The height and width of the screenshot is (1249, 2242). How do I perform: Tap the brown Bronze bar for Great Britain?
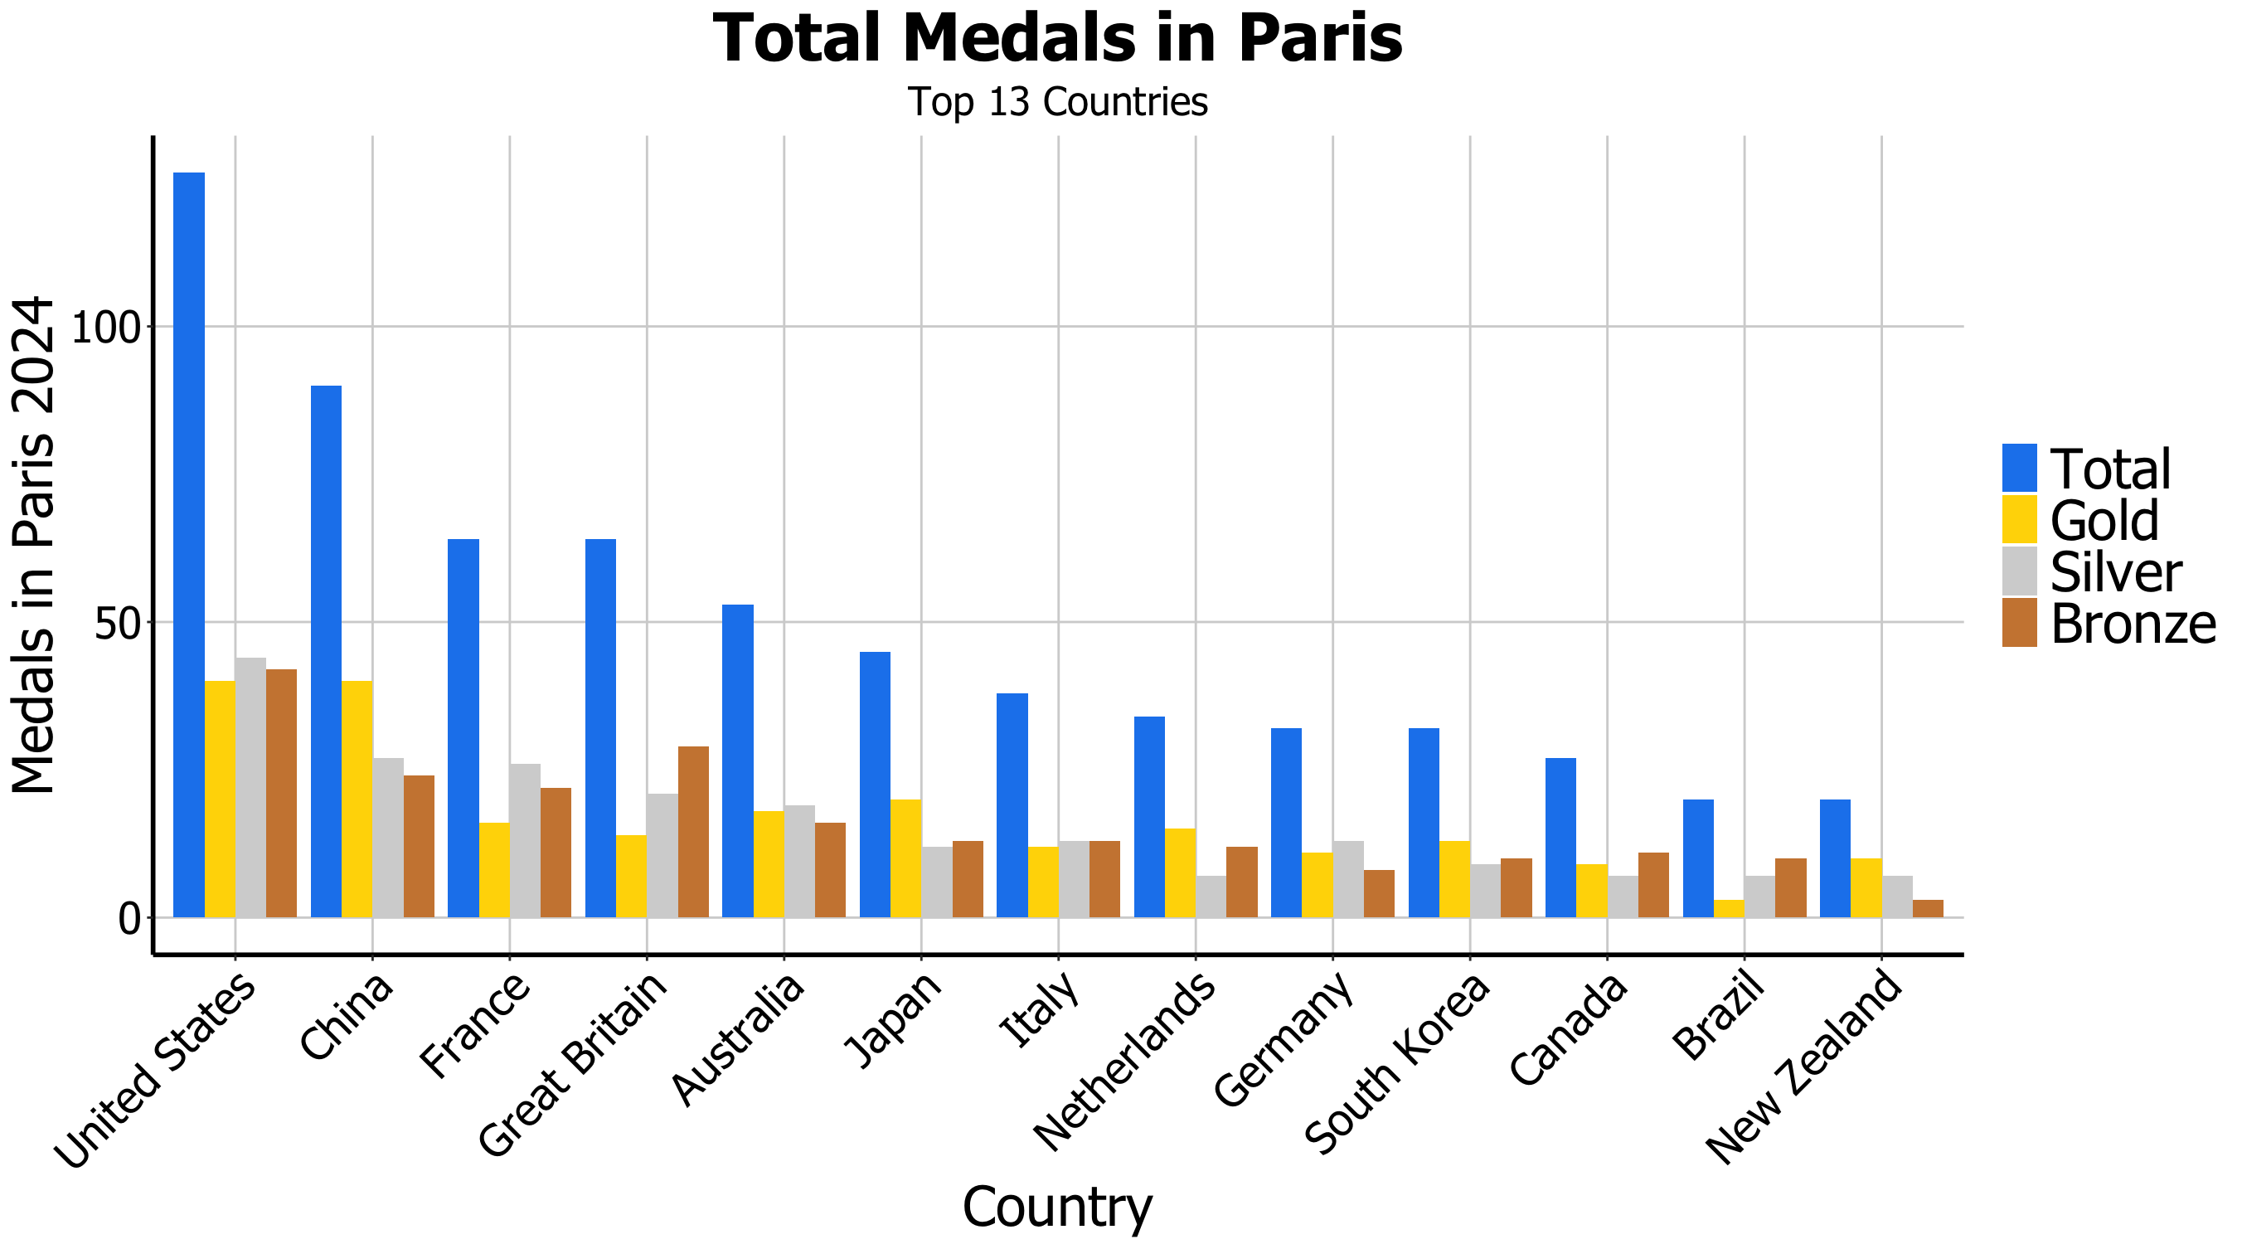click(x=693, y=831)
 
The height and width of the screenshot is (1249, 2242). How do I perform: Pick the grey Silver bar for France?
click(x=525, y=840)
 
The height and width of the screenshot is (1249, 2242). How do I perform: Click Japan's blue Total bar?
click(x=875, y=784)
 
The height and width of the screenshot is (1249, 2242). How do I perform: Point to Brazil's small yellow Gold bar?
click(x=1729, y=908)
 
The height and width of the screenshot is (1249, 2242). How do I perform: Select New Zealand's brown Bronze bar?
click(x=1928, y=908)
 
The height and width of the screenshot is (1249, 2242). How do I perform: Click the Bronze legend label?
click(x=2133, y=624)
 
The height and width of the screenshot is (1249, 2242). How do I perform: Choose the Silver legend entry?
click(x=2115, y=572)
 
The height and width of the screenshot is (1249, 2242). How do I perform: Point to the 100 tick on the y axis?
click(x=105, y=328)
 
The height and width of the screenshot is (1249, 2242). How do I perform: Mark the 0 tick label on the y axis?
click(x=129, y=918)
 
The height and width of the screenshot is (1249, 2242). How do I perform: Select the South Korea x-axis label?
click(x=1398, y=1062)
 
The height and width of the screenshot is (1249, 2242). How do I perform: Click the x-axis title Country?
click(x=1056, y=1208)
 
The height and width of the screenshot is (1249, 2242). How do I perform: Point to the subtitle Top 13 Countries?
click(x=1057, y=103)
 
